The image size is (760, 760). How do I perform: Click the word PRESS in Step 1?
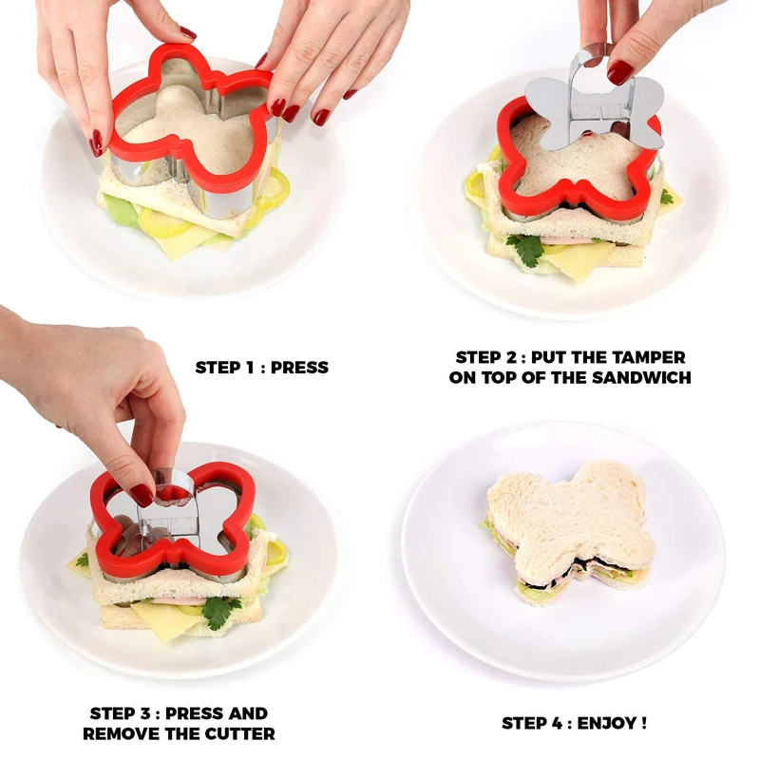coord(299,367)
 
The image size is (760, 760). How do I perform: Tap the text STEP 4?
coord(532,723)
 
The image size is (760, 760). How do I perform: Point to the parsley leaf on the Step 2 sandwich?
coord(525,249)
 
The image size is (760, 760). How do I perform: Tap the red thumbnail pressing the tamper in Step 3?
coord(142,495)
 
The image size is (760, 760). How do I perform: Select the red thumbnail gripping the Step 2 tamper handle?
coord(619,72)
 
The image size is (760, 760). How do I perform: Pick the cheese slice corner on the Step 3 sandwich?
coord(161,622)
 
